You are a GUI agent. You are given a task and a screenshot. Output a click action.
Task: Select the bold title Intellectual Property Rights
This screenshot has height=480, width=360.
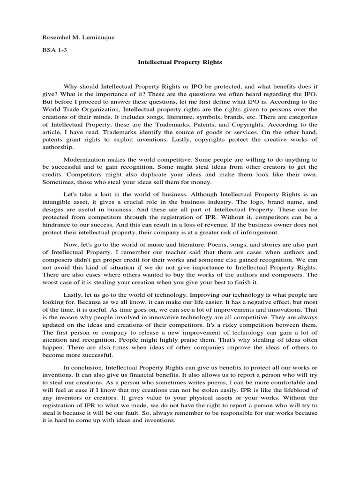tap(180, 62)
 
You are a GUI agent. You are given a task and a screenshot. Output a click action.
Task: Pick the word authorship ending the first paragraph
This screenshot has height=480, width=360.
tap(58, 147)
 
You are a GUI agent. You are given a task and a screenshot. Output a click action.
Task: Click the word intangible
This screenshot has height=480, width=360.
tap(57, 202)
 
